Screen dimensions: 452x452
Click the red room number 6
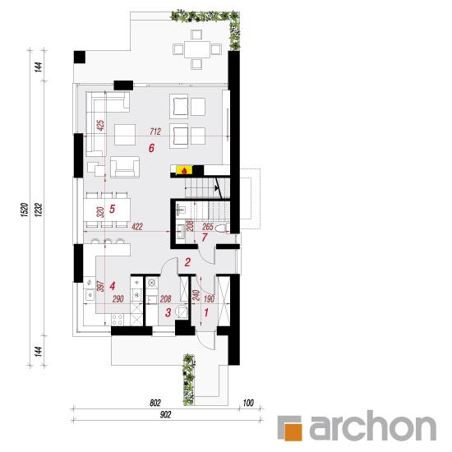151,148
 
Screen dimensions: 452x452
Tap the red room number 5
112,209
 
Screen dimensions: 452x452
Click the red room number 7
205,238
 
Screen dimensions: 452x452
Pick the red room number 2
187,262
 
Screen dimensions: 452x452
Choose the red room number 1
206,312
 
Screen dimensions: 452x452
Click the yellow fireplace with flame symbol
184,170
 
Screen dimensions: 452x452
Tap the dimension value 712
155,131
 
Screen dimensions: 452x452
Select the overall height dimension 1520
25,210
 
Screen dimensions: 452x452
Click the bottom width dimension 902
165,414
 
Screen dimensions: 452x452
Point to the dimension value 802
155,403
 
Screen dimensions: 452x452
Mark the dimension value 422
137,227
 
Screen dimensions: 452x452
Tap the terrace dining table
197,49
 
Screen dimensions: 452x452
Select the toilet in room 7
223,228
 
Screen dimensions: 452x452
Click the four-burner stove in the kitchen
117,320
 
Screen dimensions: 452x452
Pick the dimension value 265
208,227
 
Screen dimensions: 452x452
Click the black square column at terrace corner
80,57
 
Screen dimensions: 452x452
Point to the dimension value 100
248,403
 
